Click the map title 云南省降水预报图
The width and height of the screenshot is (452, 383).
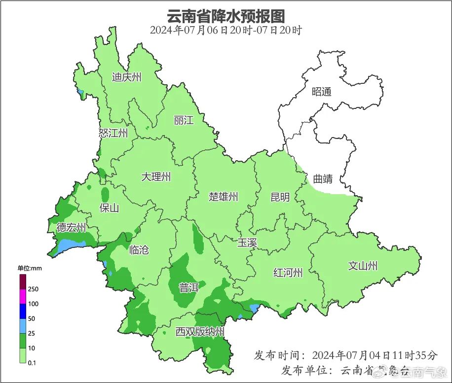[226, 16]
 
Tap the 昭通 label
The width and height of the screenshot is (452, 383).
[322, 92]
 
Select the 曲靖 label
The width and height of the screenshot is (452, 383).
[323, 179]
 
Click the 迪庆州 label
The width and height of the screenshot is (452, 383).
[126, 77]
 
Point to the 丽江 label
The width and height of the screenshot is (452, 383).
[184, 120]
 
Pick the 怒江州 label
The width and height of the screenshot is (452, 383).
[113, 133]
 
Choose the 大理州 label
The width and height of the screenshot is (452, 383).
[156, 176]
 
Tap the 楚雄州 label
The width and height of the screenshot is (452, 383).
[223, 197]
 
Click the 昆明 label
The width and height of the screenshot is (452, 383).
[280, 197]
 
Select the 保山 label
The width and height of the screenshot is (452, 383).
[109, 208]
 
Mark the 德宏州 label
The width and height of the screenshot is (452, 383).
[71, 228]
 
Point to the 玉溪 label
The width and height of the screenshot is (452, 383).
[247, 243]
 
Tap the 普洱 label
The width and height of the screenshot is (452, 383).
[188, 288]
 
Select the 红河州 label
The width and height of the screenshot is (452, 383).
[288, 273]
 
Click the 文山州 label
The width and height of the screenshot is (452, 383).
[363, 266]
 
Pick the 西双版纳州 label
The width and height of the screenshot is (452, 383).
[200, 332]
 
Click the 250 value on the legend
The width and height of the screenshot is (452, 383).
[34, 289]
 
